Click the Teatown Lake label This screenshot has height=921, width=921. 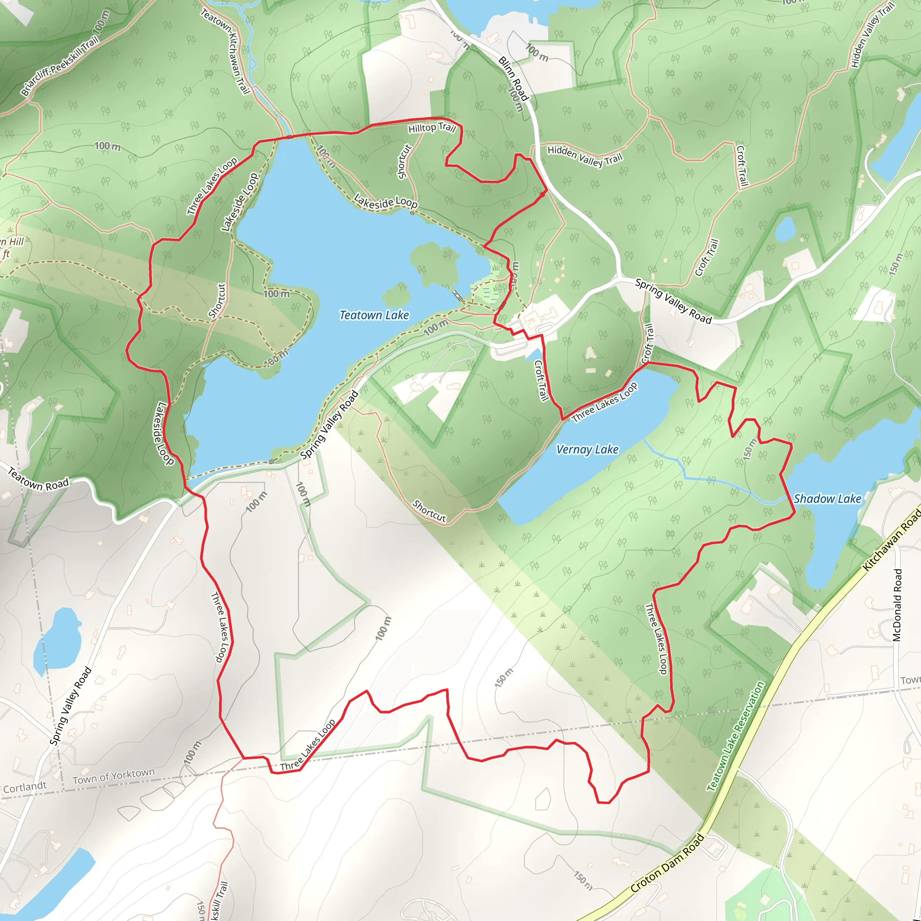pos(374,315)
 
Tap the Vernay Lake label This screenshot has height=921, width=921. pos(587,450)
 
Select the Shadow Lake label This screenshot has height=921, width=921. pos(827,499)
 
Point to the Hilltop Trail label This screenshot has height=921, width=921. pos(432,128)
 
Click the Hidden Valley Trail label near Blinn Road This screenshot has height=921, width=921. pos(585,156)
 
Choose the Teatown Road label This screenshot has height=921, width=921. pos(38,479)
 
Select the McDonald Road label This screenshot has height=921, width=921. pos(897,605)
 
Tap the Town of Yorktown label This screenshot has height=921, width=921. pos(113,776)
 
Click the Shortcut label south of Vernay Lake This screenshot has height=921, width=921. pos(429,511)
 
